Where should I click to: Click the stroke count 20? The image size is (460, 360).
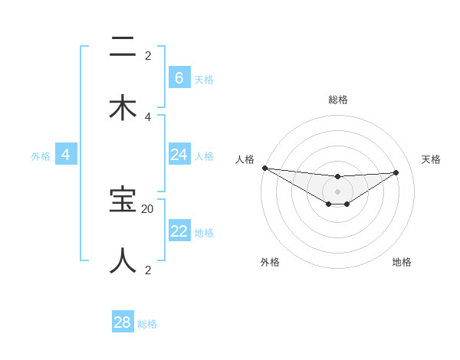click(x=148, y=208)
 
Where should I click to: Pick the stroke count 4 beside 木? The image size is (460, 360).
click(x=148, y=116)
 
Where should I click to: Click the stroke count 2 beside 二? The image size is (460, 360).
click(x=148, y=55)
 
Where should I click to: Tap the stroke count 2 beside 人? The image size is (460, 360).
click(x=148, y=270)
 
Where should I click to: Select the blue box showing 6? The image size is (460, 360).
click(x=179, y=78)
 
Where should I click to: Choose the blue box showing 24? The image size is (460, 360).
click(x=179, y=155)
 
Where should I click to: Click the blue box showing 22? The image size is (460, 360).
click(x=179, y=231)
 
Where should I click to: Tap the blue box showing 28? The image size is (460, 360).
click(x=123, y=322)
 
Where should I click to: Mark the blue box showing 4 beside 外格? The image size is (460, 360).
click(x=65, y=155)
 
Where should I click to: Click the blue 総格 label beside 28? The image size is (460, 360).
click(x=147, y=324)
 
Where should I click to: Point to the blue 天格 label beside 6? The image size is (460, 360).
click(x=204, y=80)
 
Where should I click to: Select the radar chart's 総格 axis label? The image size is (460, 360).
click(x=338, y=100)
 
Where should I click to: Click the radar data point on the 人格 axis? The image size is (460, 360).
click(x=264, y=168)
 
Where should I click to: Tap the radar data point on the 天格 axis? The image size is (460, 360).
click(x=396, y=172)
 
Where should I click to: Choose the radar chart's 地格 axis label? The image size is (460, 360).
click(x=402, y=262)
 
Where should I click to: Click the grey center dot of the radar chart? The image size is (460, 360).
click(x=337, y=191)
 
